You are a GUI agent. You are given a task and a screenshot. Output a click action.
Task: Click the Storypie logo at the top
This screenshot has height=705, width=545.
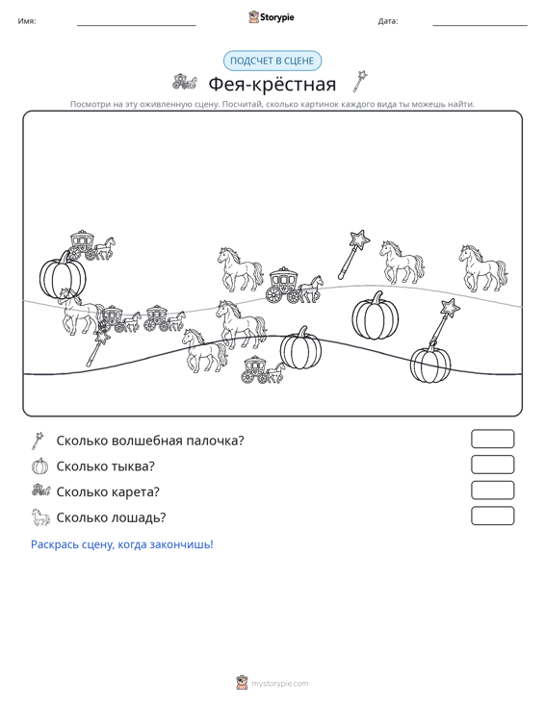tap(272, 17)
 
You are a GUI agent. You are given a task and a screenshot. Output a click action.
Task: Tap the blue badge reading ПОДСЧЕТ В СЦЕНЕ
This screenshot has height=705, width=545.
tap(272, 61)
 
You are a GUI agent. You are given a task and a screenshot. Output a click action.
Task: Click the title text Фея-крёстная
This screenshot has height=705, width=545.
tap(272, 84)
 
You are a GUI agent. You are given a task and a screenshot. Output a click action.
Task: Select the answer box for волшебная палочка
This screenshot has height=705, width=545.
tap(492, 439)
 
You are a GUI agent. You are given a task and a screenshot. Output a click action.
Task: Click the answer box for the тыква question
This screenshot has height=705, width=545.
tap(492, 465)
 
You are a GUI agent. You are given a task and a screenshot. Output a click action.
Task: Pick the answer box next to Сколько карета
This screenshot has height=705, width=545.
tap(492, 491)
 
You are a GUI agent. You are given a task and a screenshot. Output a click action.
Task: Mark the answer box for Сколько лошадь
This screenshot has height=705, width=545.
tap(492, 516)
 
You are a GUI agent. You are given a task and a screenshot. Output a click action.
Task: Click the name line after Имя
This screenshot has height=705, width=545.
tap(137, 26)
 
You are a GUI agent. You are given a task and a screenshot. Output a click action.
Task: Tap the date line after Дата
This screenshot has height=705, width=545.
tap(480, 26)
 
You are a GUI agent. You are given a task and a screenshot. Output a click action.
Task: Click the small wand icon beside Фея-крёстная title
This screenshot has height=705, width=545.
tap(360, 82)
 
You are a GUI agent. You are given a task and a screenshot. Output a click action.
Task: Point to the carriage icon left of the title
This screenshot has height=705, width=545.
tap(185, 82)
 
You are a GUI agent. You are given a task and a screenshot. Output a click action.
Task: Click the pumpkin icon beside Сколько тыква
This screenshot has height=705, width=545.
tap(39, 466)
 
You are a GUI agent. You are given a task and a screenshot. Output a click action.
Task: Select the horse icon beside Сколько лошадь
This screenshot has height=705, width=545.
tap(40, 517)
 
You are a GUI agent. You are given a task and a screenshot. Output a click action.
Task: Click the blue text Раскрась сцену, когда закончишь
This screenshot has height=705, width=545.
tap(122, 544)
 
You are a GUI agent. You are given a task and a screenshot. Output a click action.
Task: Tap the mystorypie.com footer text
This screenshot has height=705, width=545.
tap(279, 684)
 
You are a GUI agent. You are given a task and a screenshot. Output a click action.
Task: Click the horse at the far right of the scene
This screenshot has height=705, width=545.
tap(483, 269)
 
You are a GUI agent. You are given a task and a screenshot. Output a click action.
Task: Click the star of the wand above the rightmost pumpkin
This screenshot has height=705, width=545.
tap(449, 309)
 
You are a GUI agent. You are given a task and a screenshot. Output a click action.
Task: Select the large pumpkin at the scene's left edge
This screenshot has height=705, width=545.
tap(63, 275)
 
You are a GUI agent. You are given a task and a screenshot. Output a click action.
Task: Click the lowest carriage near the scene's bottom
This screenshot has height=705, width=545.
tap(263, 370)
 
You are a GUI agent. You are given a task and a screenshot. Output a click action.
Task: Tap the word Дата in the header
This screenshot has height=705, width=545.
tap(388, 21)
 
